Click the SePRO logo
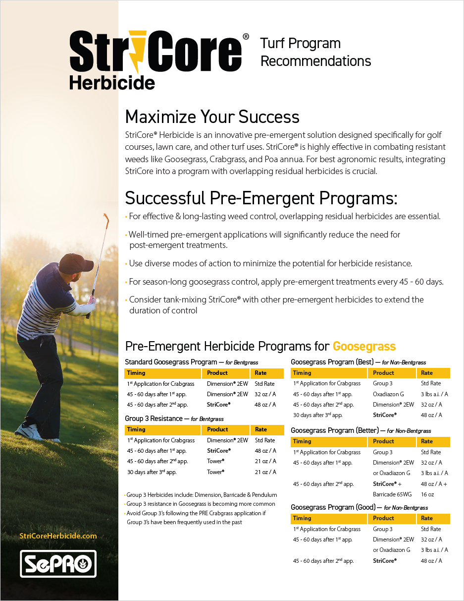pyautogui.click(x=58, y=563)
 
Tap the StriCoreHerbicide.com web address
pyautogui.click(x=58, y=536)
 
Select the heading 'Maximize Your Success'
pyautogui.click(x=212, y=117)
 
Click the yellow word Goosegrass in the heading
pyautogui.click(x=364, y=346)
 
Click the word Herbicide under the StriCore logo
pyautogui.click(x=112, y=82)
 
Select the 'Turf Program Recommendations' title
pyautogui.click(x=315, y=52)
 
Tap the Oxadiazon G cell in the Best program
pyautogui.click(x=388, y=394)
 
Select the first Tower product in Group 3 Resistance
pyautogui.click(x=215, y=462)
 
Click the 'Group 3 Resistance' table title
pyautogui.click(x=154, y=419)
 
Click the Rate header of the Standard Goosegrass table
pyautogui.click(x=260, y=373)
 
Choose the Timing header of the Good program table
pyautogui.click(x=302, y=518)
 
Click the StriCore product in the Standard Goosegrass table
pyautogui.click(x=218, y=405)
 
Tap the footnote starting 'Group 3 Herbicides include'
pyautogui.click(x=202, y=495)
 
